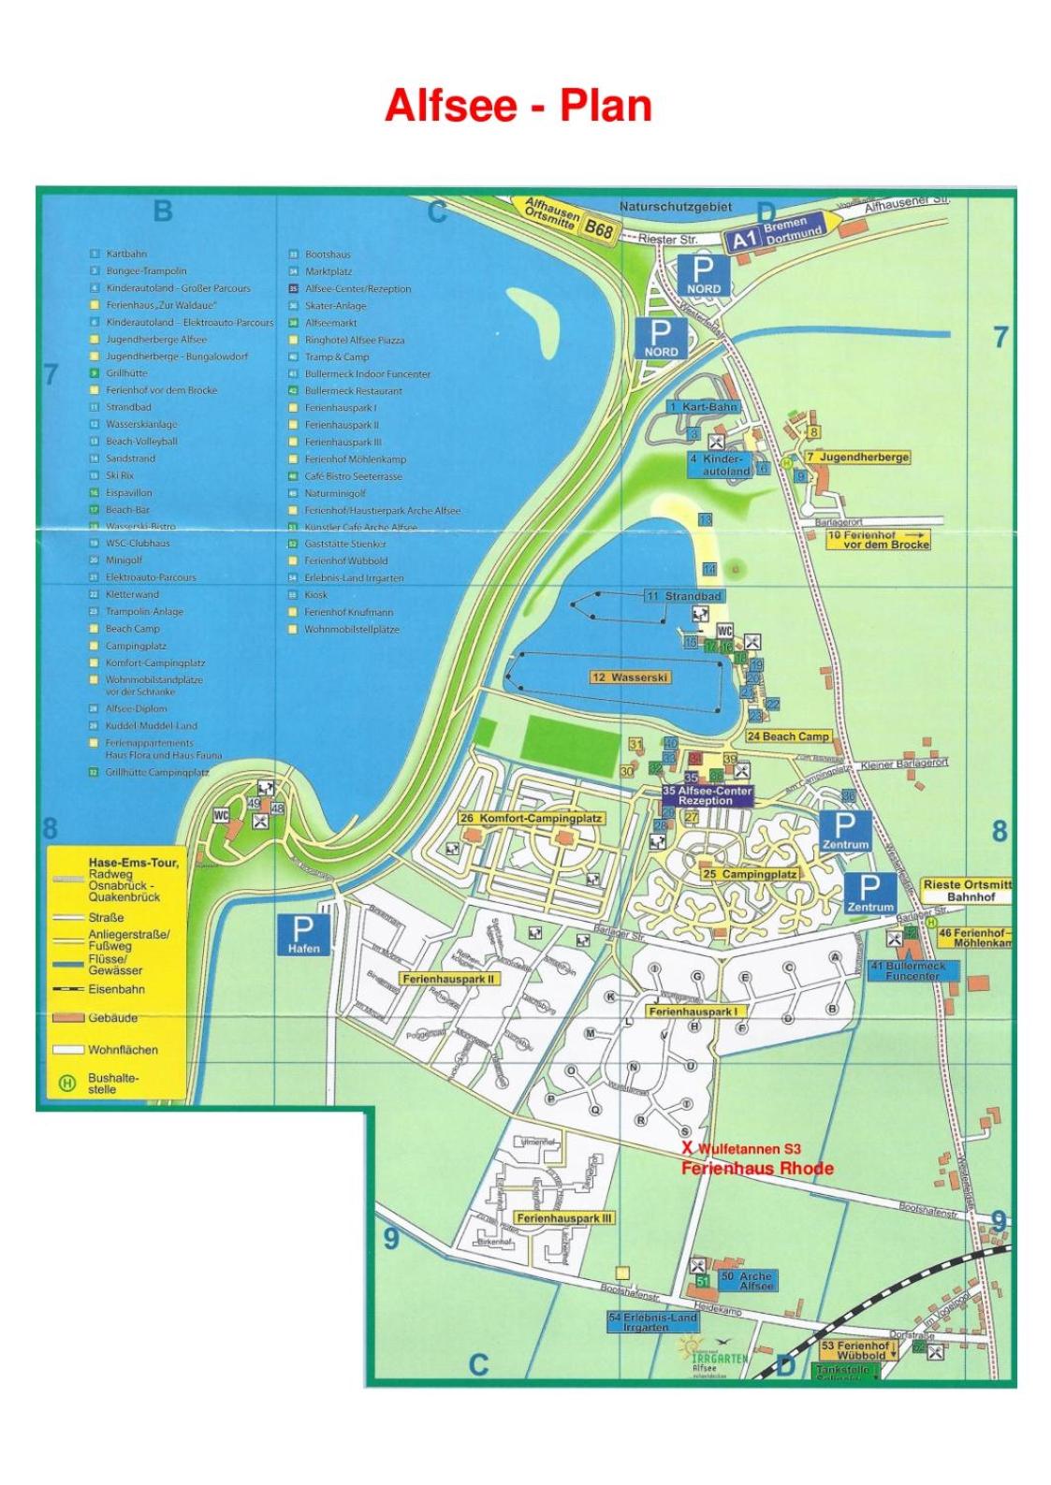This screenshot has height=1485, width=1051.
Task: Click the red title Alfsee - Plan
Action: click(518, 106)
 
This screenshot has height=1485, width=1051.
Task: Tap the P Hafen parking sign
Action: click(303, 935)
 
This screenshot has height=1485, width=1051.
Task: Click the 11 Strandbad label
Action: click(684, 595)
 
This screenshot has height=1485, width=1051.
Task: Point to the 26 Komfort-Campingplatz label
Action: click(532, 818)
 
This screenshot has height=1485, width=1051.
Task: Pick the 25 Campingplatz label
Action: click(749, 874)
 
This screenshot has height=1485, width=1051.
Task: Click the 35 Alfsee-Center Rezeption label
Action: click(707, 795)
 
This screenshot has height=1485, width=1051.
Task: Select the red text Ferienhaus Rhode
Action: click(756, 1168)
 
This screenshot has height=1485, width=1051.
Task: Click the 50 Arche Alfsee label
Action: click(747, 1280)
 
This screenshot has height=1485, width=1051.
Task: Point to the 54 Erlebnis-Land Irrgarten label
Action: click(652, 1321)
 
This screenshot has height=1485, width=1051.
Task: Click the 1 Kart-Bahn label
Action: click(704, 407)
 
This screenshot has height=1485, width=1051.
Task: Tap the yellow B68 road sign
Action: click(598, 227)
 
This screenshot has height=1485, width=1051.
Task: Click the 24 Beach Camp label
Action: click(788, 735)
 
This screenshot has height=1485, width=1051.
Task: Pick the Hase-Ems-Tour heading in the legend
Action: click(133, 862)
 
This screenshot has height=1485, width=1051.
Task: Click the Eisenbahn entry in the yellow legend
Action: click(116, 989)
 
